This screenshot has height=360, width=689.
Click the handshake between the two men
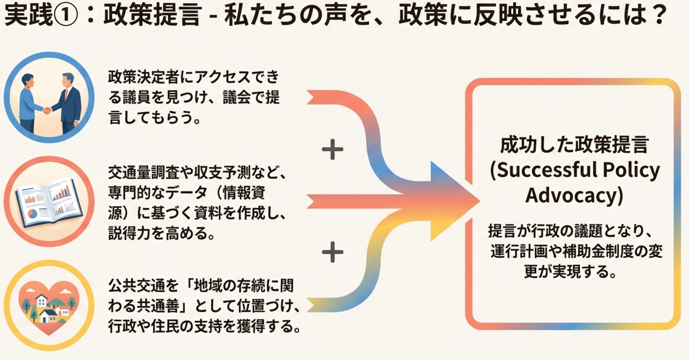[x=47, y=110]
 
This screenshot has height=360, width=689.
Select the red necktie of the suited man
[x=66, y=95]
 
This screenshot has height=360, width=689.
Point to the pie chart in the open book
[x=32, y=214]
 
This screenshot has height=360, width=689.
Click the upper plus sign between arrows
[x=332, y=149]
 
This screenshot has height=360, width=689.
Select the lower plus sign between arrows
[x=332, y=252]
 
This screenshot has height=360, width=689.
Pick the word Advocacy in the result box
[x=574, y=195]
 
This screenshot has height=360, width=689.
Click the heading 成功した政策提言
[x=574, y=145]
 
